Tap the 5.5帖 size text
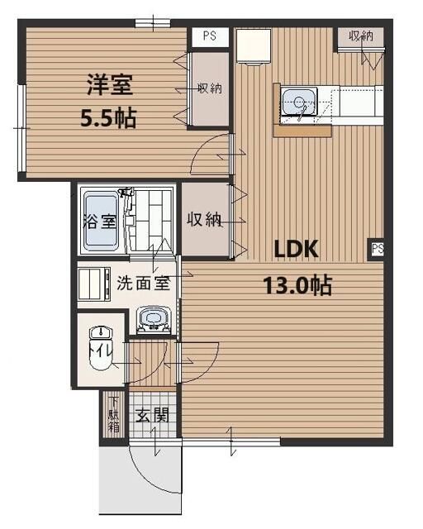coord(108,117)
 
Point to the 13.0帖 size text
coord(297,286)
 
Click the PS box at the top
coord(210,36)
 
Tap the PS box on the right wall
coord(378,248)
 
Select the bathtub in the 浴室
coord(102,219)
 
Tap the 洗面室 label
coord(143,282)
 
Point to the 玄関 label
coord(151,415)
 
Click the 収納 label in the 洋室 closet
coord(209,89)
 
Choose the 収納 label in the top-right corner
coord(361,36)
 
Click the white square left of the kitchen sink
coord(250,48)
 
